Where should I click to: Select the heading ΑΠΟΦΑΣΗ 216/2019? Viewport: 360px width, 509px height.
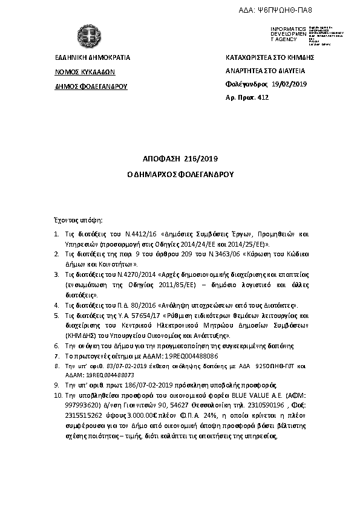180,159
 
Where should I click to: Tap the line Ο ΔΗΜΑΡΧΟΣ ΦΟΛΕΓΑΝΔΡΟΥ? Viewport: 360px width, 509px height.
180,173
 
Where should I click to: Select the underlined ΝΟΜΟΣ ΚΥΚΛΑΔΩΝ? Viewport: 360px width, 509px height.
85,71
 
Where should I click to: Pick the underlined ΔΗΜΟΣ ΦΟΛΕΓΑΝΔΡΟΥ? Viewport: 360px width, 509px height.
91,86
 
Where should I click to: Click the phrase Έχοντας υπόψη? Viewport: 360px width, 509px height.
76,219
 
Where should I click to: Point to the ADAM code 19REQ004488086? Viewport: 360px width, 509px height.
178,357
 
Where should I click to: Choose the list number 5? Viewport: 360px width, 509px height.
56,316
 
